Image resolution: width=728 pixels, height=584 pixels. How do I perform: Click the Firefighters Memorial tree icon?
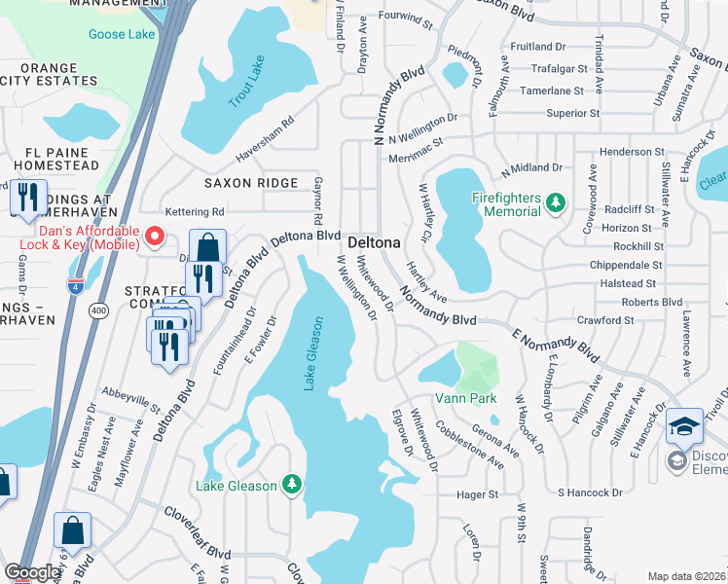point(555,203)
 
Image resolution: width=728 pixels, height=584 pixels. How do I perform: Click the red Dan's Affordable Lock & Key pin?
point(154,237)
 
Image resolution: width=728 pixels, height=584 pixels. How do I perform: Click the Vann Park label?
point(467,398)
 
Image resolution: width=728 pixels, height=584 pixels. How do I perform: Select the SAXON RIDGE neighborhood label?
point(250,183)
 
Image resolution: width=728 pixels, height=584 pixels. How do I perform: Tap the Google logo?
point(32,572)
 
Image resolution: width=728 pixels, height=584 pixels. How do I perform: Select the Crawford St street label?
point(604,320)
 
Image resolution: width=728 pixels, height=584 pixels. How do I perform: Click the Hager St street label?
point(477,494)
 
